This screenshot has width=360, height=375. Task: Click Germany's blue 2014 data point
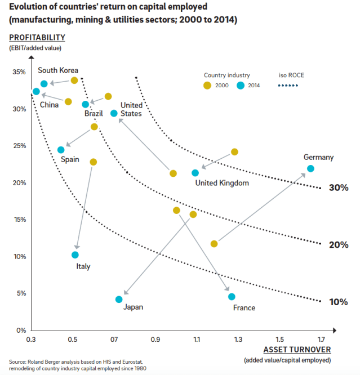[310, 168]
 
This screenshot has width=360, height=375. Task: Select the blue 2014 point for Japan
[119, 300]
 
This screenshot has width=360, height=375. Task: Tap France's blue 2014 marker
[232, 297]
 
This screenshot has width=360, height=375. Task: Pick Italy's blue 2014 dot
[75, 255]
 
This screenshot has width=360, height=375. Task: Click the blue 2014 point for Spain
[61, 150]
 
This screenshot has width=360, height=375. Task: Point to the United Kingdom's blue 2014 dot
[195, 173]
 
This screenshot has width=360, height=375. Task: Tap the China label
[49, 104]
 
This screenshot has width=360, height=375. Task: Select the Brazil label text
[94, 114]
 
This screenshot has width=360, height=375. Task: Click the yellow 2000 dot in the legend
[207, 86]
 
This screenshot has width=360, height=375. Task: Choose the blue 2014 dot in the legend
[241, 86]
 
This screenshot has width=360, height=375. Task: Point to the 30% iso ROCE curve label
[339, 187]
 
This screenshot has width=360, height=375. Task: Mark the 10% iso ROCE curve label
[339, 302]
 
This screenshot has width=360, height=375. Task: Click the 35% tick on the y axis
[19, 72]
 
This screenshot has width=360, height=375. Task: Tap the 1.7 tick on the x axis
[321, 340]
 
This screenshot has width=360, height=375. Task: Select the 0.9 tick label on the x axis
[155, 340]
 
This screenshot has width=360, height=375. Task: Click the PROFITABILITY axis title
[37, 38]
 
